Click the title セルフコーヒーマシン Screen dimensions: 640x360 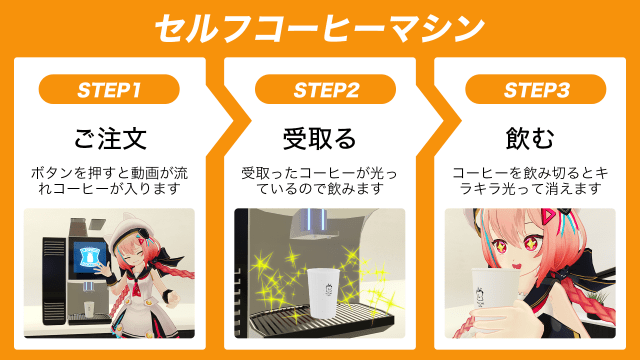coord(319,29)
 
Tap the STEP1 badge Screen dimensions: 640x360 coord(109,89)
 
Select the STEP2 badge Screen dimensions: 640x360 coord(325,89)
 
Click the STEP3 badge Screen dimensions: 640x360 coord(536,89)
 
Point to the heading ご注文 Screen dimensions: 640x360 coord(110,138)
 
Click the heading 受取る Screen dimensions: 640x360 coord(320,138)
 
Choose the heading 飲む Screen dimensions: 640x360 coord(530,138)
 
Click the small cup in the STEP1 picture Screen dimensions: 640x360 coord(89,309)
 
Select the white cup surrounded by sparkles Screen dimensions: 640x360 coord(323,292)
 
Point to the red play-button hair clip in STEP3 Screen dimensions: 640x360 coord(548,216)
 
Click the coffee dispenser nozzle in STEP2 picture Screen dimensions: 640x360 coord(312,224)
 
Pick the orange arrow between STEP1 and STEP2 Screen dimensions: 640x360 coord(222,121)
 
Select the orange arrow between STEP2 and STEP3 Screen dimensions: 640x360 coord(433,121)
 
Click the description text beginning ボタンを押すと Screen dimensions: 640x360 coord(109,181)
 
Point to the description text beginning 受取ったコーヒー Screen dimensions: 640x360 coord(320,181)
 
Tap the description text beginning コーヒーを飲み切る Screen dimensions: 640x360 coord(530,181)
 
